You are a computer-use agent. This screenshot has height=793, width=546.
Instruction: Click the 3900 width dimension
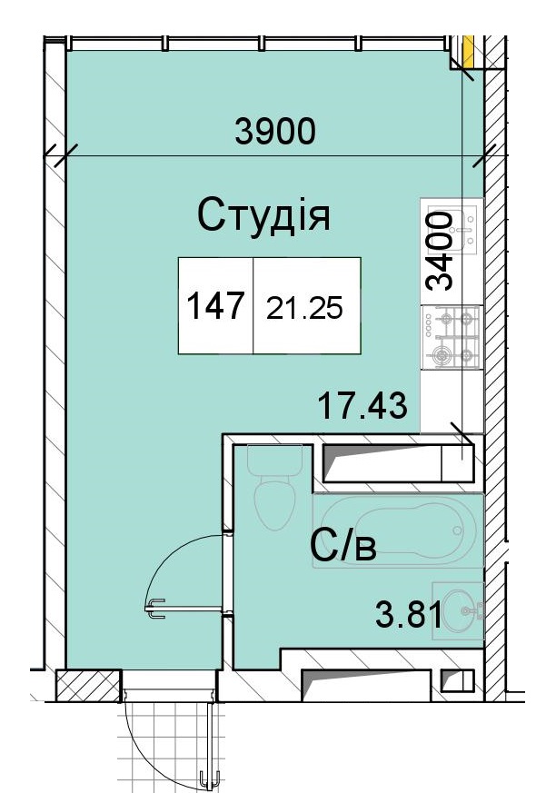[275, 131]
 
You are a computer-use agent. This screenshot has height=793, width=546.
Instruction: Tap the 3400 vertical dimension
[439, 252]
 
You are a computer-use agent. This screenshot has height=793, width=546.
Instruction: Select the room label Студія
[263, 215]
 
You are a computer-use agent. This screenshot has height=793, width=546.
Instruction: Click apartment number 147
[215, 305]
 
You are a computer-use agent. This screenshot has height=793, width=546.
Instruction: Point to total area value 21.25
[304, 308]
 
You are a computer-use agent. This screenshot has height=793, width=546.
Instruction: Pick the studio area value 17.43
[362, 406]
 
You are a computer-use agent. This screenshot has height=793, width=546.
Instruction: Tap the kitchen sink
[452, 230]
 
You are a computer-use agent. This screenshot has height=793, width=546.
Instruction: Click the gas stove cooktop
[452, 337]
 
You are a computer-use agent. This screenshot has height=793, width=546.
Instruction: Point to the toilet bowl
[274, 504]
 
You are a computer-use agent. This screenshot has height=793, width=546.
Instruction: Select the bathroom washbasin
[459, 610]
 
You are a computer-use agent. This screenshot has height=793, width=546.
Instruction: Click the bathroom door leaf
[184, 609]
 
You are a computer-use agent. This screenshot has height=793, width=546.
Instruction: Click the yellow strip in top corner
[469, 51]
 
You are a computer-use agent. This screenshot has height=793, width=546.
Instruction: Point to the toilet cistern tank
[274, 460]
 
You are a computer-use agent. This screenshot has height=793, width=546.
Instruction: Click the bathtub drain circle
[458, 530]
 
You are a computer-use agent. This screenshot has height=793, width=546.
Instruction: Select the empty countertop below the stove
[452, 401]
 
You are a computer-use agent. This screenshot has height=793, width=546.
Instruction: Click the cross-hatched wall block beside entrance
[88, 685]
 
